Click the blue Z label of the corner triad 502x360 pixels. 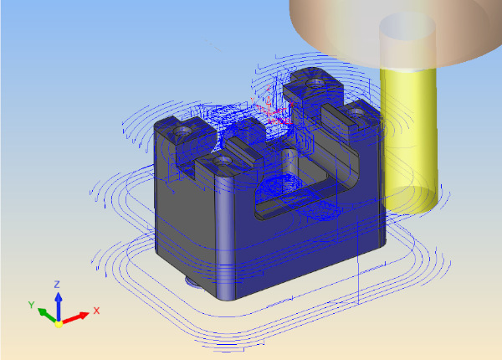coord(57,285)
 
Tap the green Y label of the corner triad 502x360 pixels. coord(32,305)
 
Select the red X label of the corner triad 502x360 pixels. coord(96,311)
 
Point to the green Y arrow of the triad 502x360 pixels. coord(48,315)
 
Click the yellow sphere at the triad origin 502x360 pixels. coord(59,324)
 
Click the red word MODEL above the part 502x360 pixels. coord(280,121)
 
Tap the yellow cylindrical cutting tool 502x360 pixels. coord(409,141)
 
